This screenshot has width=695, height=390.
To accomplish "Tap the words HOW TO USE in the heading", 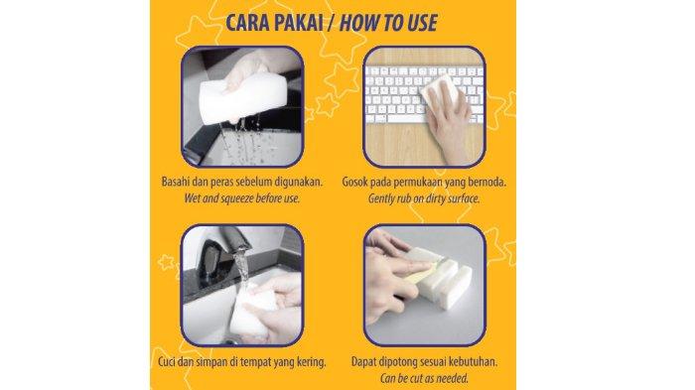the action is click(x=388, y=23).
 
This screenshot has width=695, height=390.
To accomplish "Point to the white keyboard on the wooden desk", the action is click(x=423, y=94).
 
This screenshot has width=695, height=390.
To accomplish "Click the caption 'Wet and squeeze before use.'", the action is click(x=242, y=198).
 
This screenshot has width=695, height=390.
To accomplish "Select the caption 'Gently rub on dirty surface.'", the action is click(x=424, y=198).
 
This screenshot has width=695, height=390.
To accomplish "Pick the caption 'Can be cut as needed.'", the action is click(x=424, y=378).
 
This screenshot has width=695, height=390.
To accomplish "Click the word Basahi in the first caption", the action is click(x=175, y=182).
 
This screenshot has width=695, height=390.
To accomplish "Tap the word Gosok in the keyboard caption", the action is click(x=354, y=182).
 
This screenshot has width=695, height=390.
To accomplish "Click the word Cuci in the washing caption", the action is click(x=167, y=361).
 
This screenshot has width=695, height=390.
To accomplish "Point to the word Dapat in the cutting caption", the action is click(x=363, y=361).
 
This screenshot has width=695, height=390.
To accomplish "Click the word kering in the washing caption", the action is click(x=312, y=362).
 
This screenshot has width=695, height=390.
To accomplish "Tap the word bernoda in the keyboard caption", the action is click(x=487, y=182).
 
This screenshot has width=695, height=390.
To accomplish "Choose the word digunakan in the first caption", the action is click(x=299, y=183).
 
